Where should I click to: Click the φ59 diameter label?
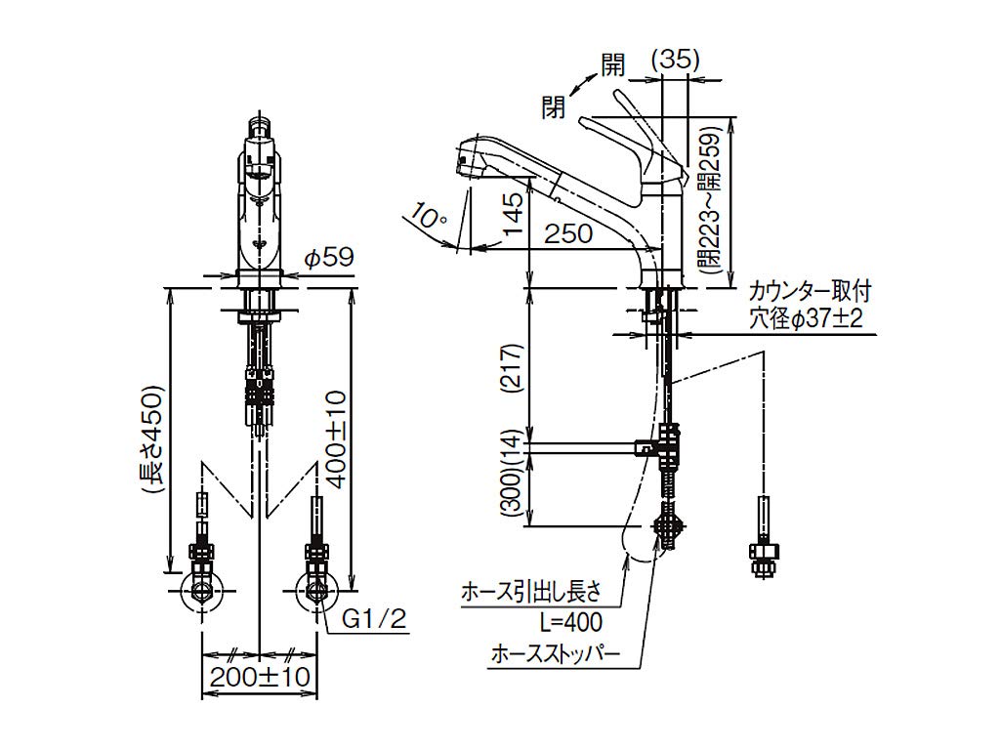pos(327,260)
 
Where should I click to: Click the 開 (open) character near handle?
pos(612,66)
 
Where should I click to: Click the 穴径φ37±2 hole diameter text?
pos(806,318)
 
